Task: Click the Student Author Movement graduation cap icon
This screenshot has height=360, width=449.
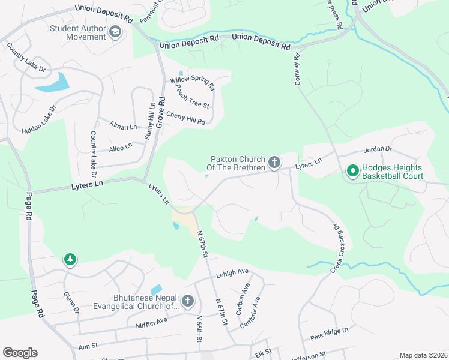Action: coord(115,32)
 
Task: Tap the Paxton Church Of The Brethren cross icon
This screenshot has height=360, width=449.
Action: coord(274,162)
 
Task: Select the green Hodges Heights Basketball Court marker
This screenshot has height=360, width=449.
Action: coord(352,172)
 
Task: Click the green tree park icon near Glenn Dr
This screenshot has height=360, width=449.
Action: coord(70,260)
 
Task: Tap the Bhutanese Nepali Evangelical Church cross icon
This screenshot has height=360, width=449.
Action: coord(188,301)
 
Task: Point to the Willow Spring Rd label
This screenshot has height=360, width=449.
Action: coord(192,82)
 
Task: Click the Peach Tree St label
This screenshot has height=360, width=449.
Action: coord(192,97)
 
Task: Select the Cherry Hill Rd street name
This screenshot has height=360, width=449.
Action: coord(185,118)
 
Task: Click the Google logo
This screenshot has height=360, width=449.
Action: coord(20,353)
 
